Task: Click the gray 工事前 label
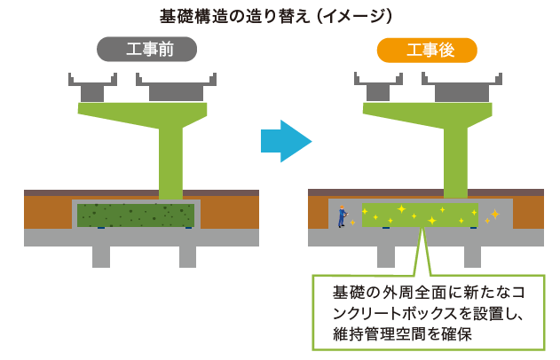pyautogui.click(x=146, y=50)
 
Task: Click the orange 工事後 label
pyautogui.click(x=427, y=50)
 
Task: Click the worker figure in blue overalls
pyautogui.click(x=342, y=215)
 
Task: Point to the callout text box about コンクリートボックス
pyautogui.click(x=429, y=311)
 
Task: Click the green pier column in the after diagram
pyautogui.click(x=455, y=160)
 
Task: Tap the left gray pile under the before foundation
pyautogui.click(x=101, y=256)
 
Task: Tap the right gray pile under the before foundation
pyautogui.click(x=187, y=256)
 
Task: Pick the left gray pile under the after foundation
pyautogui.click(x=385, y=256)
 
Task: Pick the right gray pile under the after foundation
pyautogui.click(x=471, y=256)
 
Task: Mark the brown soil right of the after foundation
pyautogui.click(x=528, y=212)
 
